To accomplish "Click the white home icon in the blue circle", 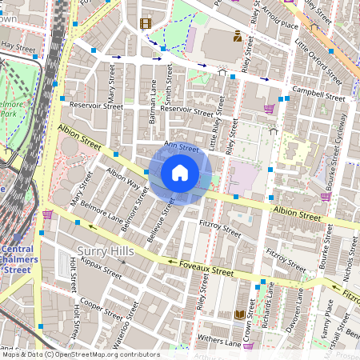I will coord(180,172).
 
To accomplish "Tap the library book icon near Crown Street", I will coord(238,315).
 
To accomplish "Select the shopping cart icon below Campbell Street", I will coord(270,108).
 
